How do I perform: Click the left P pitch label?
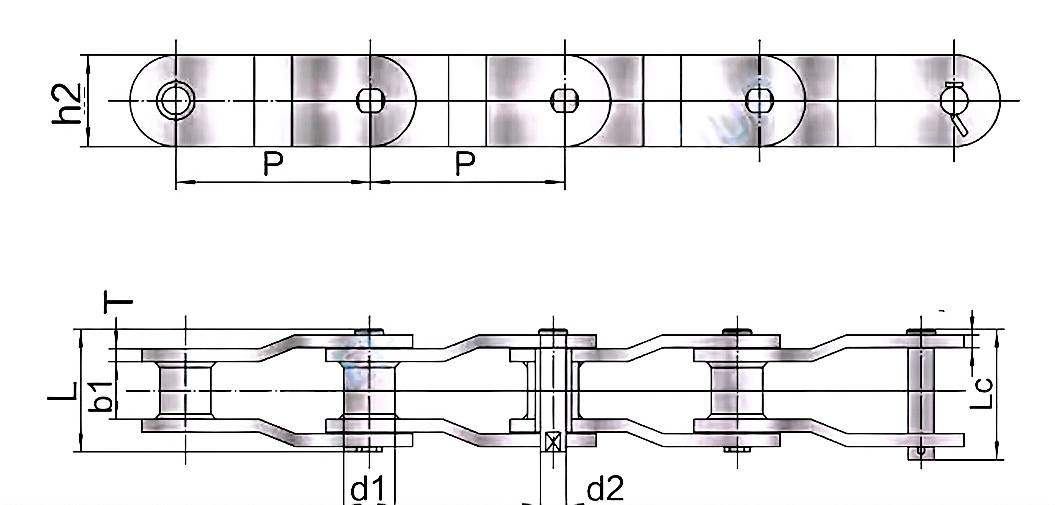[x=273, y=163]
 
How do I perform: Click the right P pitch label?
[x=465, y=163]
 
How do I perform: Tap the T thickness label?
[x=118, y=302]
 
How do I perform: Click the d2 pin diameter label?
[x=604, y=488]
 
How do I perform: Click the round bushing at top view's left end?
[x=176, y=100]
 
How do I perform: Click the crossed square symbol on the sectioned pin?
[x=553, y=442]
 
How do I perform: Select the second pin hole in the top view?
[x=370, y=100]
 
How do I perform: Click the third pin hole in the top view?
[x=565, y=100]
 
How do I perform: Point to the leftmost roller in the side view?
[x=185, y=391]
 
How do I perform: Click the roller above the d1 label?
[x=370, y=391]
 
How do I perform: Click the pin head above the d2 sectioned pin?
[x=553, y=331]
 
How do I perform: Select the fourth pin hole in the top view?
[x=759, y=100]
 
